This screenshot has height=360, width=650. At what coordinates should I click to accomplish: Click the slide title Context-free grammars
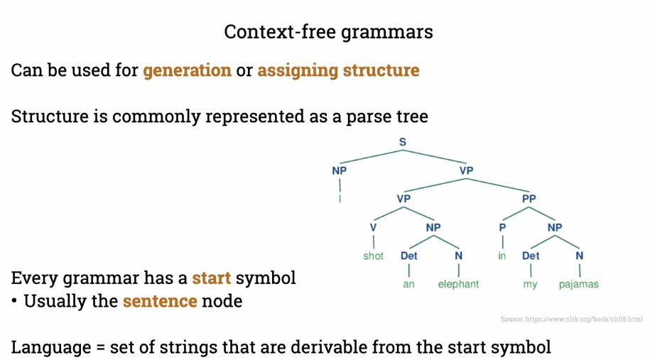328,32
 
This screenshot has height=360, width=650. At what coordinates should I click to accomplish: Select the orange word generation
188,70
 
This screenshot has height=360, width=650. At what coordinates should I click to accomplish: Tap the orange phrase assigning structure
338,70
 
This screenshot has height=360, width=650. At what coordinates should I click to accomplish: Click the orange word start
212,278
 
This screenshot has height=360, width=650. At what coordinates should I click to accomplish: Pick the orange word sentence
160,301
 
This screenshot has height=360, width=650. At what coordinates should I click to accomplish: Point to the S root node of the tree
403,142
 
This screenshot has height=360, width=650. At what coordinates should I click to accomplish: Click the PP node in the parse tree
529,199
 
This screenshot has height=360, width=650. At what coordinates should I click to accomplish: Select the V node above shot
374,227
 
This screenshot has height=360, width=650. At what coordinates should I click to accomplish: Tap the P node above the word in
502,227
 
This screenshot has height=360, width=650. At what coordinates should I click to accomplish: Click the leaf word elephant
458,284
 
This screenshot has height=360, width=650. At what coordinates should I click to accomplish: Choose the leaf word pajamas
578,284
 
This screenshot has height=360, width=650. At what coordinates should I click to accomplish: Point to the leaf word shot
374,256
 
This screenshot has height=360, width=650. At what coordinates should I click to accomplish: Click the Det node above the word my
531,256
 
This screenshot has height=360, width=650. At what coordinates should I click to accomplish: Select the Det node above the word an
409,256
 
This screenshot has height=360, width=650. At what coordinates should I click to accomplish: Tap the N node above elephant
458,256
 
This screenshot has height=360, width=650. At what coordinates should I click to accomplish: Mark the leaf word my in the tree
531,284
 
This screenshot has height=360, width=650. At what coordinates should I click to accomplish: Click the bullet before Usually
14,301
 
